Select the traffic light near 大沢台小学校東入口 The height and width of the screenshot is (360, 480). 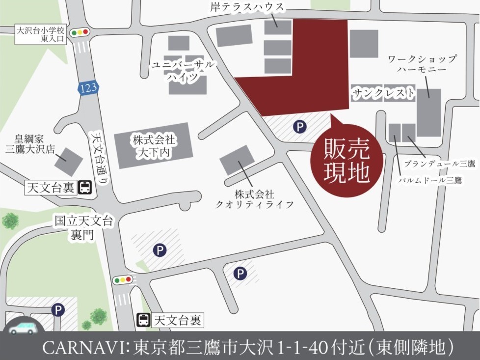pos(79,33)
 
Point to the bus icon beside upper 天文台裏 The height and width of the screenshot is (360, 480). pos(85,187)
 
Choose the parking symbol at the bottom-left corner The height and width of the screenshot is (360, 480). pos(58,310)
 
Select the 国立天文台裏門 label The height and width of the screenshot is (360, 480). pos(84,227)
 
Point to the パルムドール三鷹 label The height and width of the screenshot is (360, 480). pos(429,180)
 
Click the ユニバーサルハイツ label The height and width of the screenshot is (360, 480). pos(182,71)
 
